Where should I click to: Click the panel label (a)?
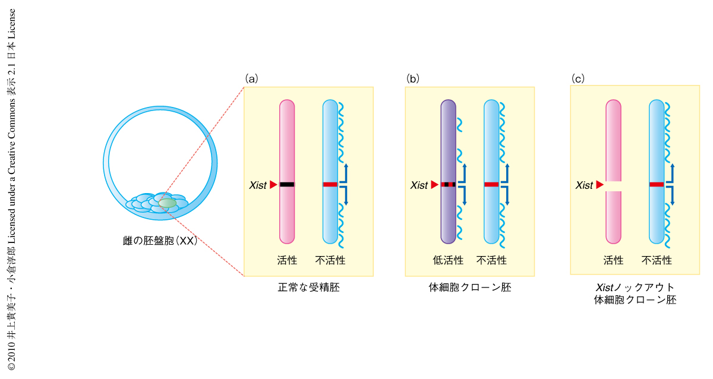coord(251,78)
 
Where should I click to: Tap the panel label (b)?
coord(412,78)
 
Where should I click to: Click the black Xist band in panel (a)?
coord(286,185)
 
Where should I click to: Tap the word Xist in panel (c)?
coord(584,185)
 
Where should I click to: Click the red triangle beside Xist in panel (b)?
coord(434,185)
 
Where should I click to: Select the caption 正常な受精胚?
coord(309,288)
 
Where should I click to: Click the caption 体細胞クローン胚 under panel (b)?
coord(469,288)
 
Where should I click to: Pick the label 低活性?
coord(447,260)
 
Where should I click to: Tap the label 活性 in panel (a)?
coord(286,260)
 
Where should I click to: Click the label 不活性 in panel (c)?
coord(657,260)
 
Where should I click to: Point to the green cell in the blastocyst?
coord(168,203)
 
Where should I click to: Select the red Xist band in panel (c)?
coord(656,185)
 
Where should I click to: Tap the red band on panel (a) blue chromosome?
coord(330,185)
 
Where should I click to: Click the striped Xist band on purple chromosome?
coord(448,185)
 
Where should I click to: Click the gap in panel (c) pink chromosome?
coord(613,185)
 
